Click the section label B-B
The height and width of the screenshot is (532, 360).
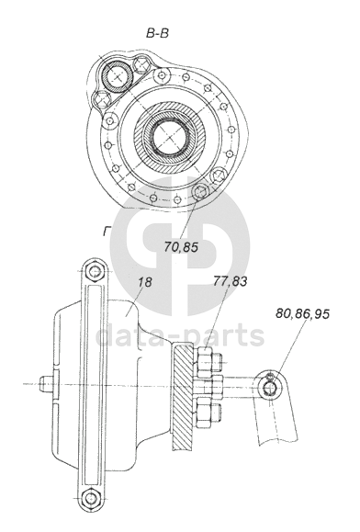157,33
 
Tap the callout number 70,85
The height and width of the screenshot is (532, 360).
181,247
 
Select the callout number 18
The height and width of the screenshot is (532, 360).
145,282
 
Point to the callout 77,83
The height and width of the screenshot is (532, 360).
231,281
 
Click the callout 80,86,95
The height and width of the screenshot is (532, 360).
302,313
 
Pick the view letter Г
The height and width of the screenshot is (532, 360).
107,232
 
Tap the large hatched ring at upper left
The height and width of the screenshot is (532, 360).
118,77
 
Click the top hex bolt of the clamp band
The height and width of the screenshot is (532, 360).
96,271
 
